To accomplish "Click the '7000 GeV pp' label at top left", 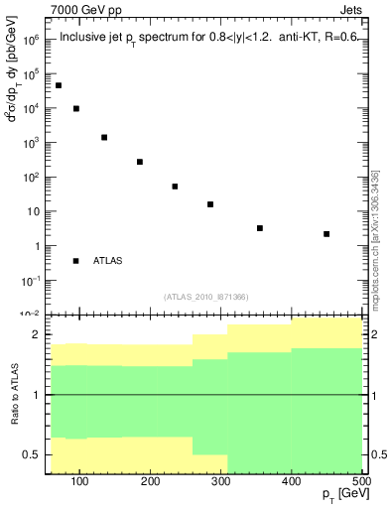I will pos(86,11).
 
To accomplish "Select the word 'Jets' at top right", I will pos(353,11).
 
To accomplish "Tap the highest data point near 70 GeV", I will pos(59,85).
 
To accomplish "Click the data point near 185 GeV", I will pos(140,162).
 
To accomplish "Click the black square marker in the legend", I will pos(76,261).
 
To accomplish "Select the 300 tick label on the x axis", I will pos(220,482).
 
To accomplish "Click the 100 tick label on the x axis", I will pos(80,482).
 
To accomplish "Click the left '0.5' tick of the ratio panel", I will pos(32,454).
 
